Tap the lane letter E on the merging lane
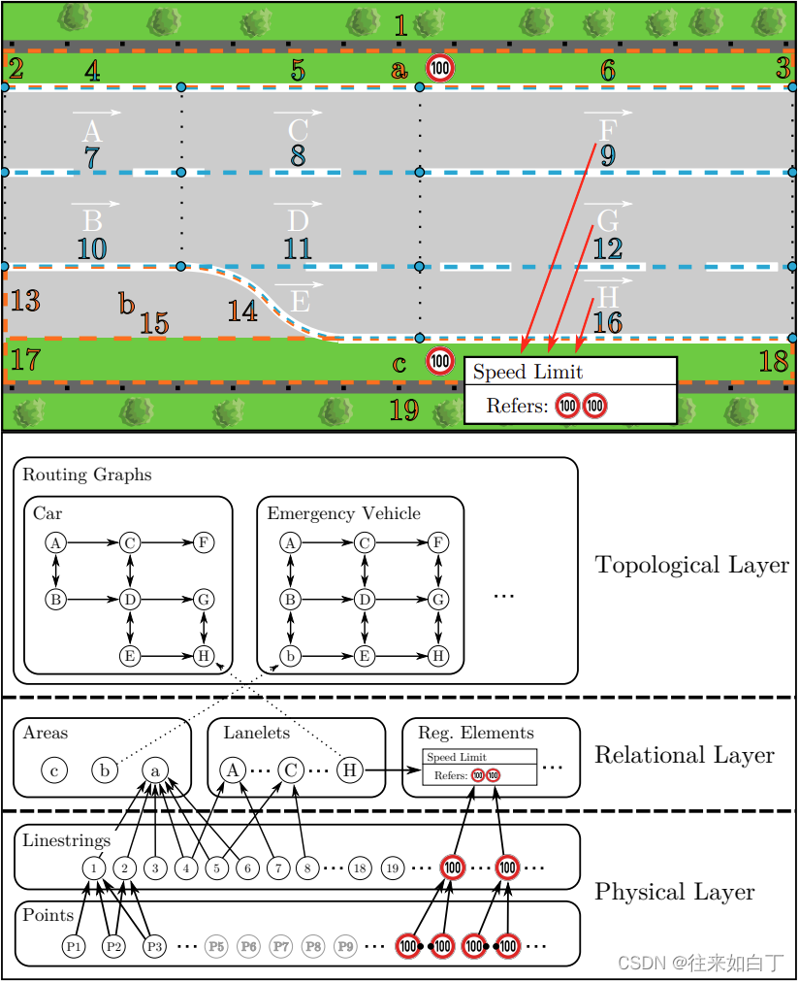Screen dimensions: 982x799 tap(300, 301)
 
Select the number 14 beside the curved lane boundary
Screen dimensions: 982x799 tap(242, 311)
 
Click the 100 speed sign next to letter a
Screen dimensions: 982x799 tap(440, 69)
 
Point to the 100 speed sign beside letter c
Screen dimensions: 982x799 tap(440, 362)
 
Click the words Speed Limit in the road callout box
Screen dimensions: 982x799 tap(527, 373)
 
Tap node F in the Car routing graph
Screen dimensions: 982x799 tap(204, 543)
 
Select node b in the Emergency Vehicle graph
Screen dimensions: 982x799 tap(289, 656)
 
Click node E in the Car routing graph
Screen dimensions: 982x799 tap(130, 656)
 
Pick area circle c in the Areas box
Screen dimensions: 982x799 tap(54, 770)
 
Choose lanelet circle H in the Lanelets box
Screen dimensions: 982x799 tap(350, 770)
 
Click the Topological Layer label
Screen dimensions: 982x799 tap(691, 565)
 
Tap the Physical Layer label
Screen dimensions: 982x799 tap(675, 892)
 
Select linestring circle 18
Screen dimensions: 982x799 tap(359, 868)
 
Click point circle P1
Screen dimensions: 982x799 tap(74, 945)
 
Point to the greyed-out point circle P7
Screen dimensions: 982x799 tap(281, 945)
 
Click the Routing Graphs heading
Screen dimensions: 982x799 tap(87, 475)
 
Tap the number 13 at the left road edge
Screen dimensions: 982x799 tap(25, 301)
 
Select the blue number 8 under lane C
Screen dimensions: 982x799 tap(298, 156)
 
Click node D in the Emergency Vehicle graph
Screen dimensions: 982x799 tap(365, 600)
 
